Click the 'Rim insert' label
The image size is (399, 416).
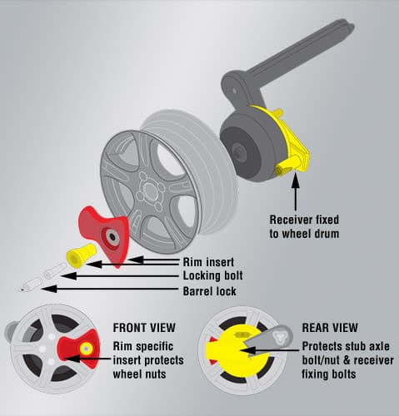pos(208,262)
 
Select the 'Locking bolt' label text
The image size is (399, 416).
pos(213,275)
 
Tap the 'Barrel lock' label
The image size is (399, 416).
pos(210,291)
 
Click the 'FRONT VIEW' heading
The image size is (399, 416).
pos(144,328)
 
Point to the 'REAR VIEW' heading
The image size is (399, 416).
pos(330,328)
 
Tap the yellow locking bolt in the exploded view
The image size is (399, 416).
pos(81,255)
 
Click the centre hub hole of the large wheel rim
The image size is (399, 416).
pos(150,191)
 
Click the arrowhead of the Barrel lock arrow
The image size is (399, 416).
pos(49,289)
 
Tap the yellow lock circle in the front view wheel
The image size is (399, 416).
pos(86,349)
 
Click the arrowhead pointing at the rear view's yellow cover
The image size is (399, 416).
pos(248,350)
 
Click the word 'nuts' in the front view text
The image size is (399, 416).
pos(153,374)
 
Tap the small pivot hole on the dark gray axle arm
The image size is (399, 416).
pos(234,91)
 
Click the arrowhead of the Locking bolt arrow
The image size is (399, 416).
pos(68,276)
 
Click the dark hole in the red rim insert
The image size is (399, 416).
pos(112,236)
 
